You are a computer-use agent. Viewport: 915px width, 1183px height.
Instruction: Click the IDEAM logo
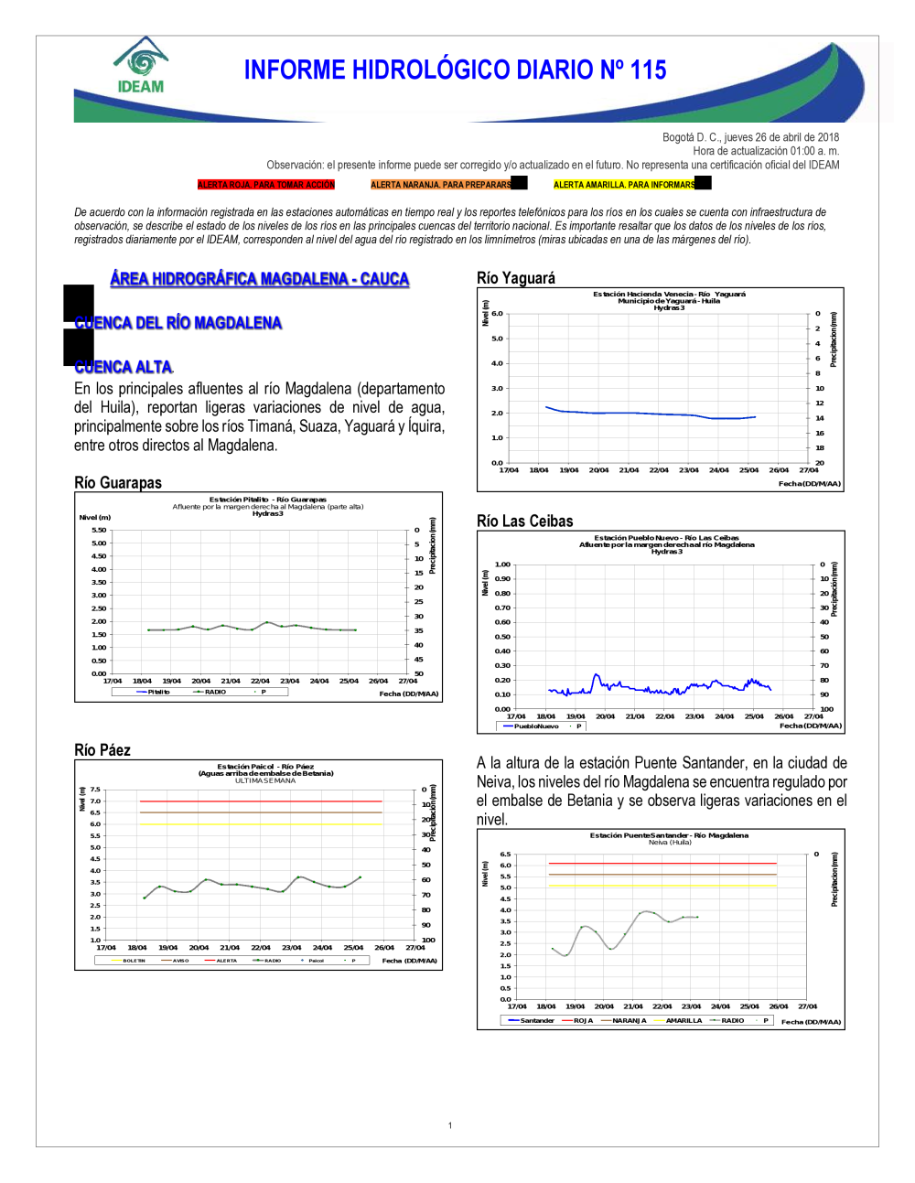(141, 66)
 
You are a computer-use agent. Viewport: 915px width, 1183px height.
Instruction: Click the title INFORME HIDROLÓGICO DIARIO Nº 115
(455, 70)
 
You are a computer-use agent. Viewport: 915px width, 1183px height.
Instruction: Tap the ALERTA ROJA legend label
(266, 185)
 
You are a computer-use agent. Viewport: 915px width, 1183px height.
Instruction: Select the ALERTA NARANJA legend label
(441, 185)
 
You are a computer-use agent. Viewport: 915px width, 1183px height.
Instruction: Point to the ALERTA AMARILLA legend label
(624, 185)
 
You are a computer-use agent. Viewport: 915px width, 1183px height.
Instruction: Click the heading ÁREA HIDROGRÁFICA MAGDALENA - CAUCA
(259, 279)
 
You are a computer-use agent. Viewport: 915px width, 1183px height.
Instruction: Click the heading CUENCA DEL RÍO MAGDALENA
(178, 323)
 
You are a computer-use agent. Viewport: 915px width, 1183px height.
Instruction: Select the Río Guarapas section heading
(118, 483)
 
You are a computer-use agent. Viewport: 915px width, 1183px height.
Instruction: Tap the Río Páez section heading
(102, 750)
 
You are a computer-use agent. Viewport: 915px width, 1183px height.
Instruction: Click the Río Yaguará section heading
(516, 278)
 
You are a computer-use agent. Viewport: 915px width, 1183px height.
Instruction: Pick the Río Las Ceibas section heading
(525, 522)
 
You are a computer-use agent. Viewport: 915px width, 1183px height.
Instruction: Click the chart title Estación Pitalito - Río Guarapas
(267, 500)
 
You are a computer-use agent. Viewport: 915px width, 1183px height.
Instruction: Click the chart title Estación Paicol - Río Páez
(265, 767)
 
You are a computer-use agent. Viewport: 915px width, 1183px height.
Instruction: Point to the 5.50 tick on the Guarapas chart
(99, 530)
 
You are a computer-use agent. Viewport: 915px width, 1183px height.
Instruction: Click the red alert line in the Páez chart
(261, 801)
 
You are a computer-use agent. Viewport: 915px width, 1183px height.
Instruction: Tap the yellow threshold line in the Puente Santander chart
(662, 886)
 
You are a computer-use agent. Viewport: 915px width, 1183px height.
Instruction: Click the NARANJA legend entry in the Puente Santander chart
(624, 1020)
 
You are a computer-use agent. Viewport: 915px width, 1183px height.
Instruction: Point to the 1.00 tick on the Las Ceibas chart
(502, 565)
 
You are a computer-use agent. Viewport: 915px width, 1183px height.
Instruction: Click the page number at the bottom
(450, 1125)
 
